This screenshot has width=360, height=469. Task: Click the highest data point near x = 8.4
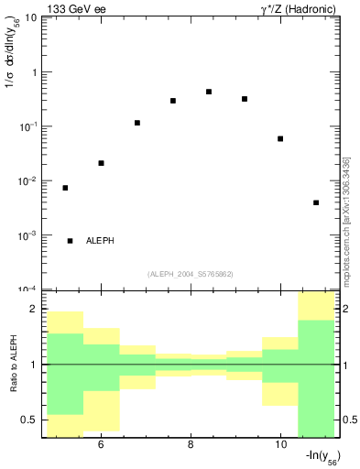209,92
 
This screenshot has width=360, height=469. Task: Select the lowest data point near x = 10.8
316,202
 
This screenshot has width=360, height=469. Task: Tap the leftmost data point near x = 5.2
65,188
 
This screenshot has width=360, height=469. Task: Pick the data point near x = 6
101,163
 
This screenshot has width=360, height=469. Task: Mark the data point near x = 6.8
137,123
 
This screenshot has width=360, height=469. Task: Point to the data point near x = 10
280,139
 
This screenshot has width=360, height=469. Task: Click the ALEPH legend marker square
70,241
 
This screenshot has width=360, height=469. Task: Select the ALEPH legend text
100,241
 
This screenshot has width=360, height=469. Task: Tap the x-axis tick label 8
190,445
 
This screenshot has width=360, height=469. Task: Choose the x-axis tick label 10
279,445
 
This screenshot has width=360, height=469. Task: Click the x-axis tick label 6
100,445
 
